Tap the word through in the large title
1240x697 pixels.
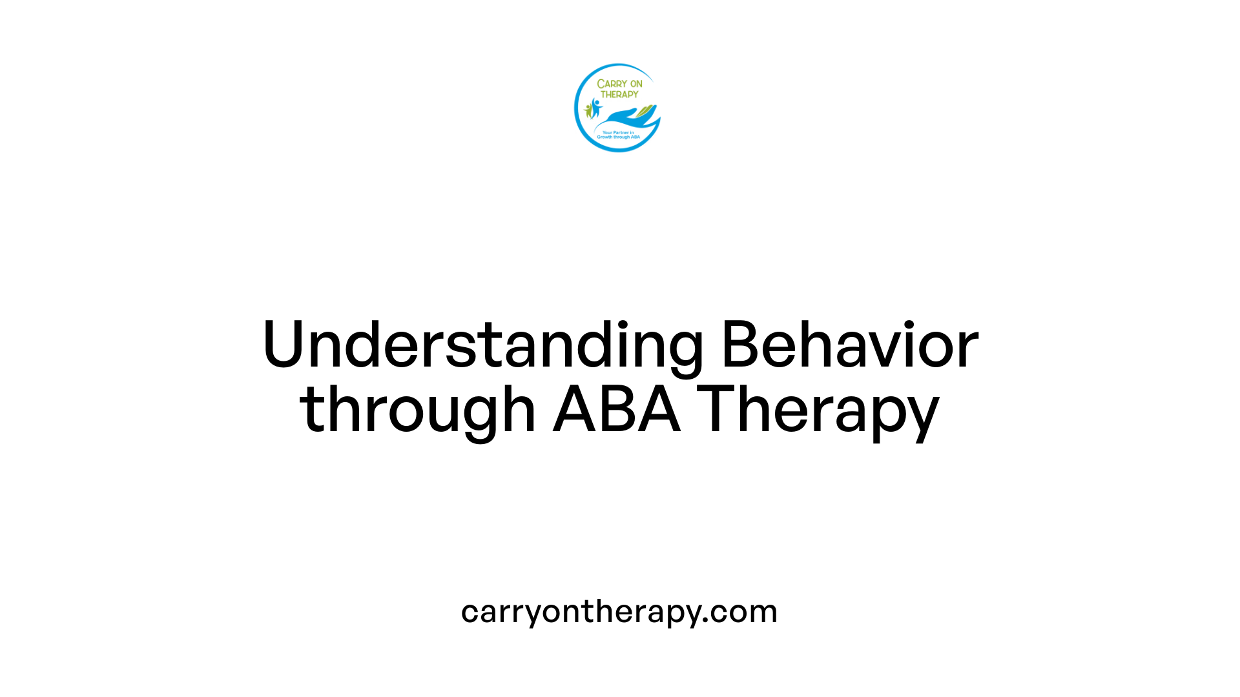point(417,410)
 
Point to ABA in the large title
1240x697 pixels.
point(617,410)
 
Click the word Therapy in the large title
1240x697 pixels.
point(818,410)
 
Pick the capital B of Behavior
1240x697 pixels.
point(739,345)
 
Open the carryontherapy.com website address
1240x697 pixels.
point(619,612)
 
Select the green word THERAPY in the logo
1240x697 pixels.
point(619,94)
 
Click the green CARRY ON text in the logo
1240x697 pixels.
point(619,84)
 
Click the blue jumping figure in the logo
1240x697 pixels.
point(595,107)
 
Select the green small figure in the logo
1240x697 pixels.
point(588,111)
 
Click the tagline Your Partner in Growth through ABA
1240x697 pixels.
point(618,135)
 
